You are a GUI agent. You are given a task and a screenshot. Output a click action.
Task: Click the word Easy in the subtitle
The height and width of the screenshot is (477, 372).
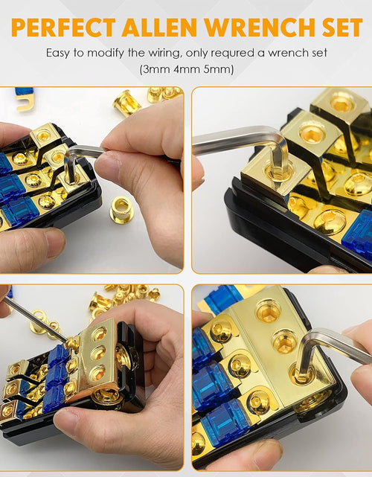(x=59, y=54)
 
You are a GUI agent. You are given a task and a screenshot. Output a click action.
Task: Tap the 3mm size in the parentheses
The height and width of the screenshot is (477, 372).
(x=156, y=69)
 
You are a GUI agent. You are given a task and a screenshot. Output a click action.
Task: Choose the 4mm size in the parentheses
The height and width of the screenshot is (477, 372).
(x=186, y=69)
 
